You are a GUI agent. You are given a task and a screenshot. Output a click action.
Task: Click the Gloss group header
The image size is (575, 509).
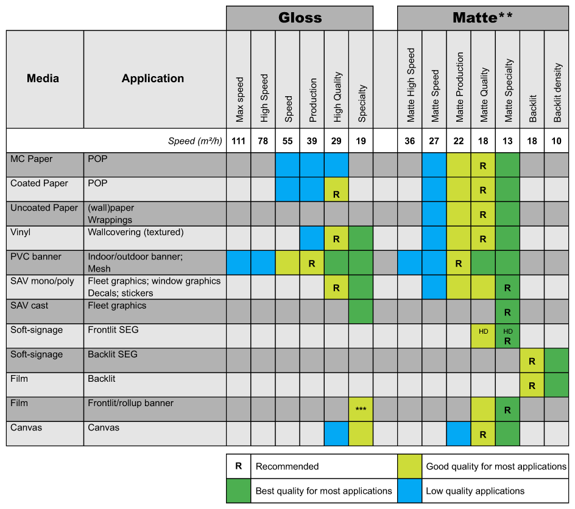coord(300,18)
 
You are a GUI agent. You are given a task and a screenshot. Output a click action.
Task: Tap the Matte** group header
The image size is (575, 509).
coord(482,18)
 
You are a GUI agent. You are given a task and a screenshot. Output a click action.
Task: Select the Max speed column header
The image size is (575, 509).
coord(239,99)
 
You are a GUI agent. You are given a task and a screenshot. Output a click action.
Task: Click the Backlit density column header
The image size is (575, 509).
coord(557,93)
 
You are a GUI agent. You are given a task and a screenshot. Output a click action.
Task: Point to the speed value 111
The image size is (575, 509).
coord(238,141)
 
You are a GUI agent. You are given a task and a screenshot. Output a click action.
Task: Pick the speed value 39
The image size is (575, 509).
coord(312,141)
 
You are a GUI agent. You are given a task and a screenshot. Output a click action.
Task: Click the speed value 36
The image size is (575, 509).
coord(409,141)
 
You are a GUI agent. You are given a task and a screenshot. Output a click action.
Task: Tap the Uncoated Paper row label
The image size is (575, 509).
coord(44,208)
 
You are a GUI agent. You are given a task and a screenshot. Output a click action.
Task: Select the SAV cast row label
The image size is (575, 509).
coord(29,306)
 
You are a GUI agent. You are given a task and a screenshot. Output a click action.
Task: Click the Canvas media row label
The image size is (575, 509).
coord(26,427)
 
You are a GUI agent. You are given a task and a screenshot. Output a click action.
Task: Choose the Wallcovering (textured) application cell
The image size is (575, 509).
coord(136,233)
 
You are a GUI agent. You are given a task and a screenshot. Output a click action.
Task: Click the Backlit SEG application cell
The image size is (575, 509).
coord(113,354)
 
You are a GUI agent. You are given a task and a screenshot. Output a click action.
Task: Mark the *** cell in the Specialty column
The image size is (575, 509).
coord(361,409)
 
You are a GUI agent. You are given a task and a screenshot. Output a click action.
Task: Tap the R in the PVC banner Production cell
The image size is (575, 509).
coord(312,264)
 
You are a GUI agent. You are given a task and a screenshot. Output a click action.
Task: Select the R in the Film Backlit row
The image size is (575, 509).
coord(532,386)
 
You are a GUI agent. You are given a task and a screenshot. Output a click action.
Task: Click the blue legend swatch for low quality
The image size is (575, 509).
coord(409,491)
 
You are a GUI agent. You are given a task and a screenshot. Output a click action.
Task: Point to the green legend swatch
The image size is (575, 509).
coord(238,491)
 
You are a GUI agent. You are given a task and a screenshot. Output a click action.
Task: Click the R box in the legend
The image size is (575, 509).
coord(238,466)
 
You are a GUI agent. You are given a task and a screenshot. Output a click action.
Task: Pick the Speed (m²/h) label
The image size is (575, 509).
coord(195,141)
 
